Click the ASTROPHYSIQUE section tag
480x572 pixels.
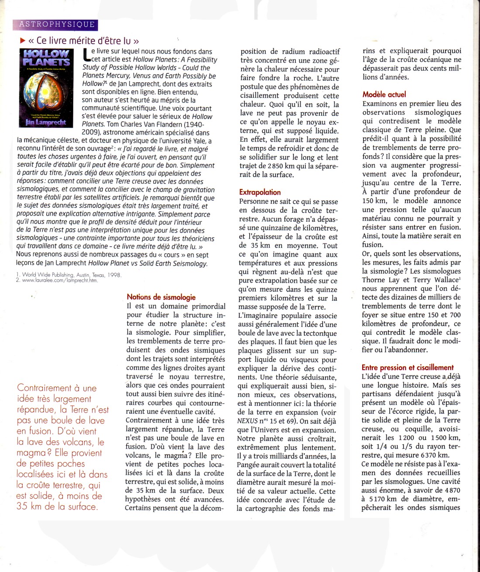click(x=56, y=25)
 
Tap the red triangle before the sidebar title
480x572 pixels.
click(x=23, y=41)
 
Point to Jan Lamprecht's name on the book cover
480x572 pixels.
click(x=46, y=123)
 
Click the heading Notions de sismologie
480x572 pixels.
click(x=161, y=297)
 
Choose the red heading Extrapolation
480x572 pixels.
click(x=260, y=192)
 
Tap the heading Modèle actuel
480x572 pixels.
click(x=384, y=94)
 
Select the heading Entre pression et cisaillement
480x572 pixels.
click(x=408, y=368)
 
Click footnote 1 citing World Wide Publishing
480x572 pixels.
click(x=69, y=275)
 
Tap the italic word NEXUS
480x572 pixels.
click(x=248, y=421)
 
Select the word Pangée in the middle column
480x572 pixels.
click(x=249, y=465)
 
